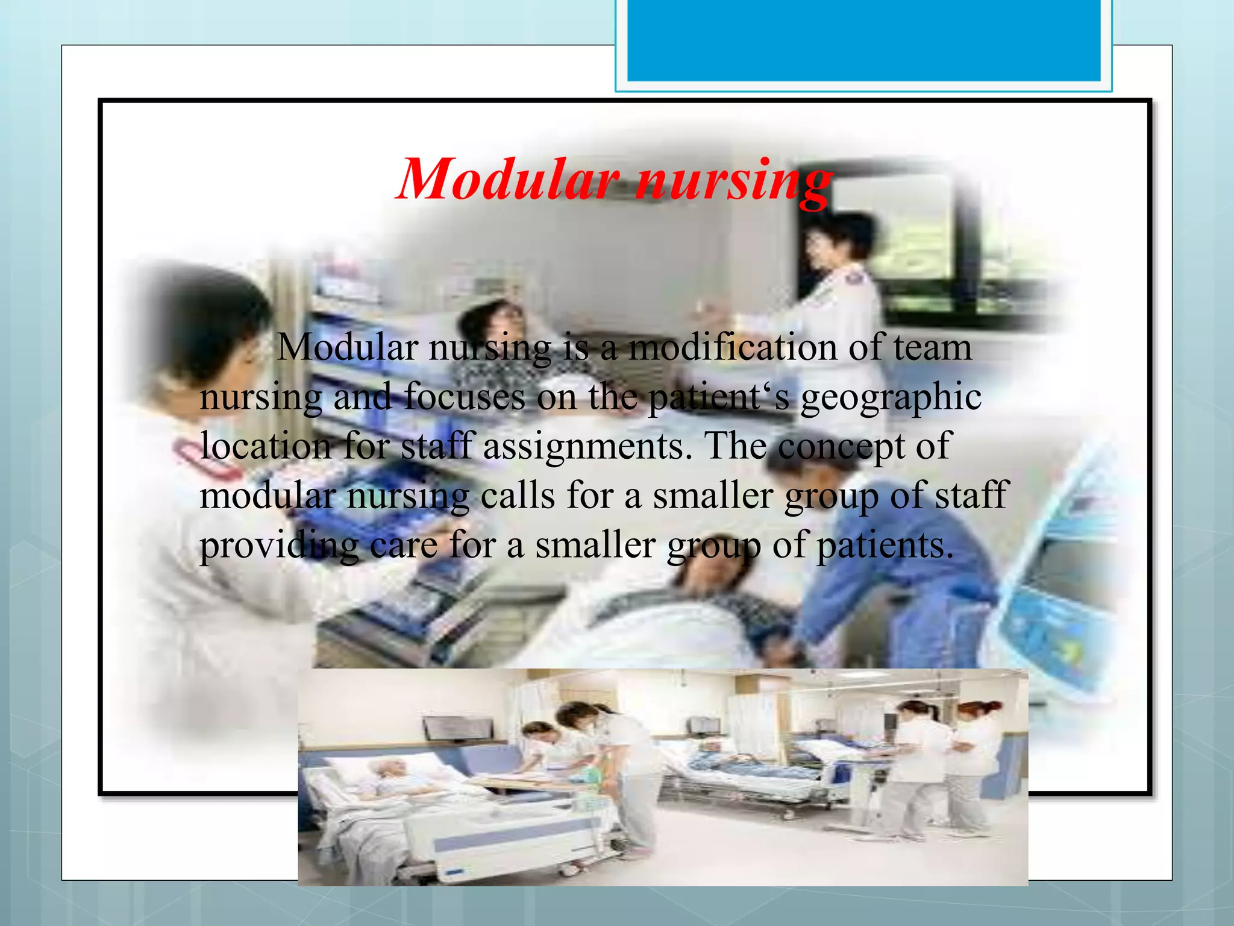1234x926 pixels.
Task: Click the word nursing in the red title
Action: (x=734, y=181)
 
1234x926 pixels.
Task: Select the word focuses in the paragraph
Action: (x=465, y=398)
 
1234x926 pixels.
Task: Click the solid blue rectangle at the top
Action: (x=863, y=40)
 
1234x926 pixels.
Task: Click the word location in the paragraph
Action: (x=266, y=447)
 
